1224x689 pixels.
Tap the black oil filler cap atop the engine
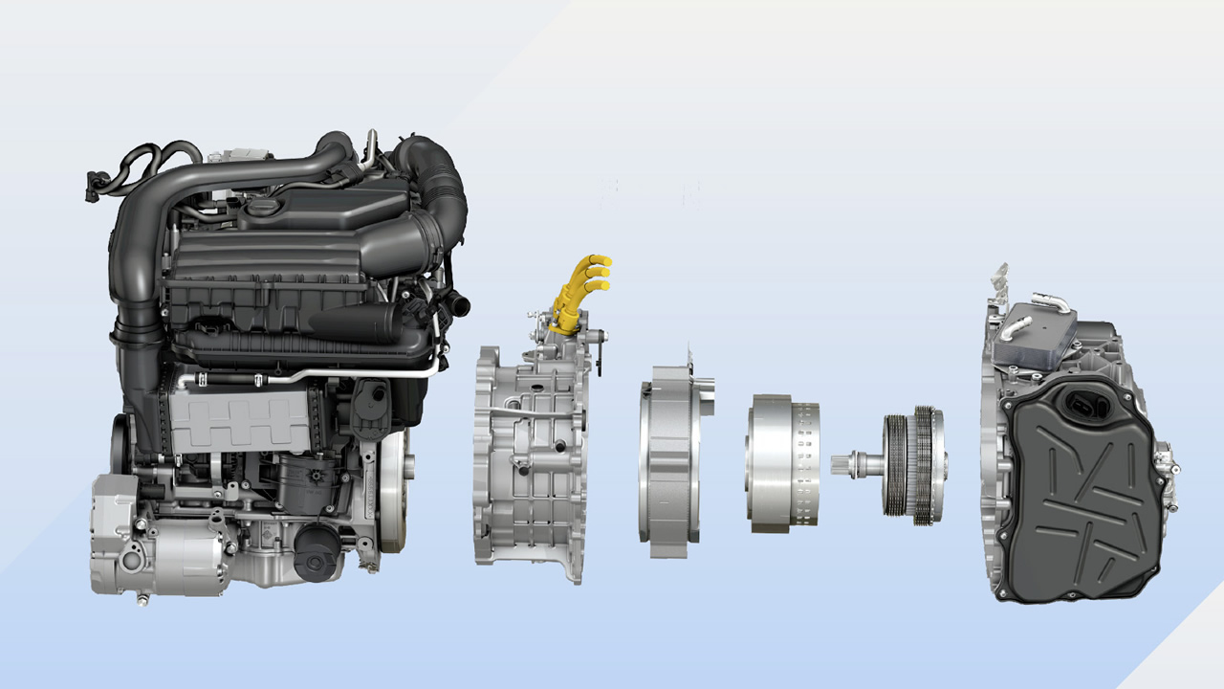259,207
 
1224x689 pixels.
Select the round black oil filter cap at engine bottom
315,556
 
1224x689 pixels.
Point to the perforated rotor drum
784,459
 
